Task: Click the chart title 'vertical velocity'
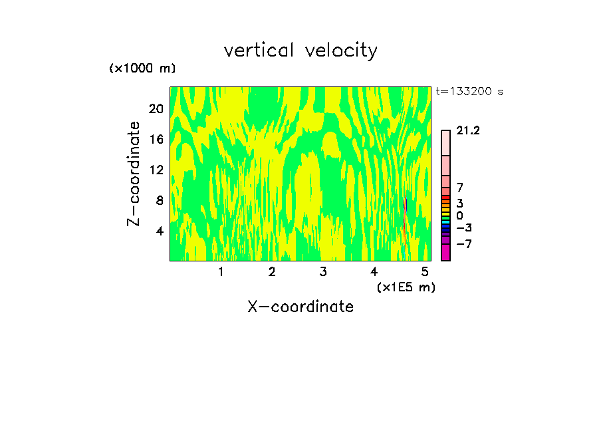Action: (300, 51)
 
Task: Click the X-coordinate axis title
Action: (300, 307)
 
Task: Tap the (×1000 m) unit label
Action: (142, 69)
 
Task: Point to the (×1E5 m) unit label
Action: (406, 287)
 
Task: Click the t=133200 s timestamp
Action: (469, 92)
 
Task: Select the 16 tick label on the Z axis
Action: (156, 139)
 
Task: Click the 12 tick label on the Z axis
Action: (156, 170)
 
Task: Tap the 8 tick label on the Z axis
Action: (160, 200)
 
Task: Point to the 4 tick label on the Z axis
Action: (160, 231)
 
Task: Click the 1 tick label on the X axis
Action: (221, 271)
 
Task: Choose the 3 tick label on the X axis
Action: (323, 271)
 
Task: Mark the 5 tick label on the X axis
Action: (425, 271)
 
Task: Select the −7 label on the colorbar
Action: (464, 244)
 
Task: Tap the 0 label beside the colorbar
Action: (459, 216)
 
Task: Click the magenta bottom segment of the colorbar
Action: (445, 253)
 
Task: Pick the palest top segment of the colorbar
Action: (445, 143)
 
